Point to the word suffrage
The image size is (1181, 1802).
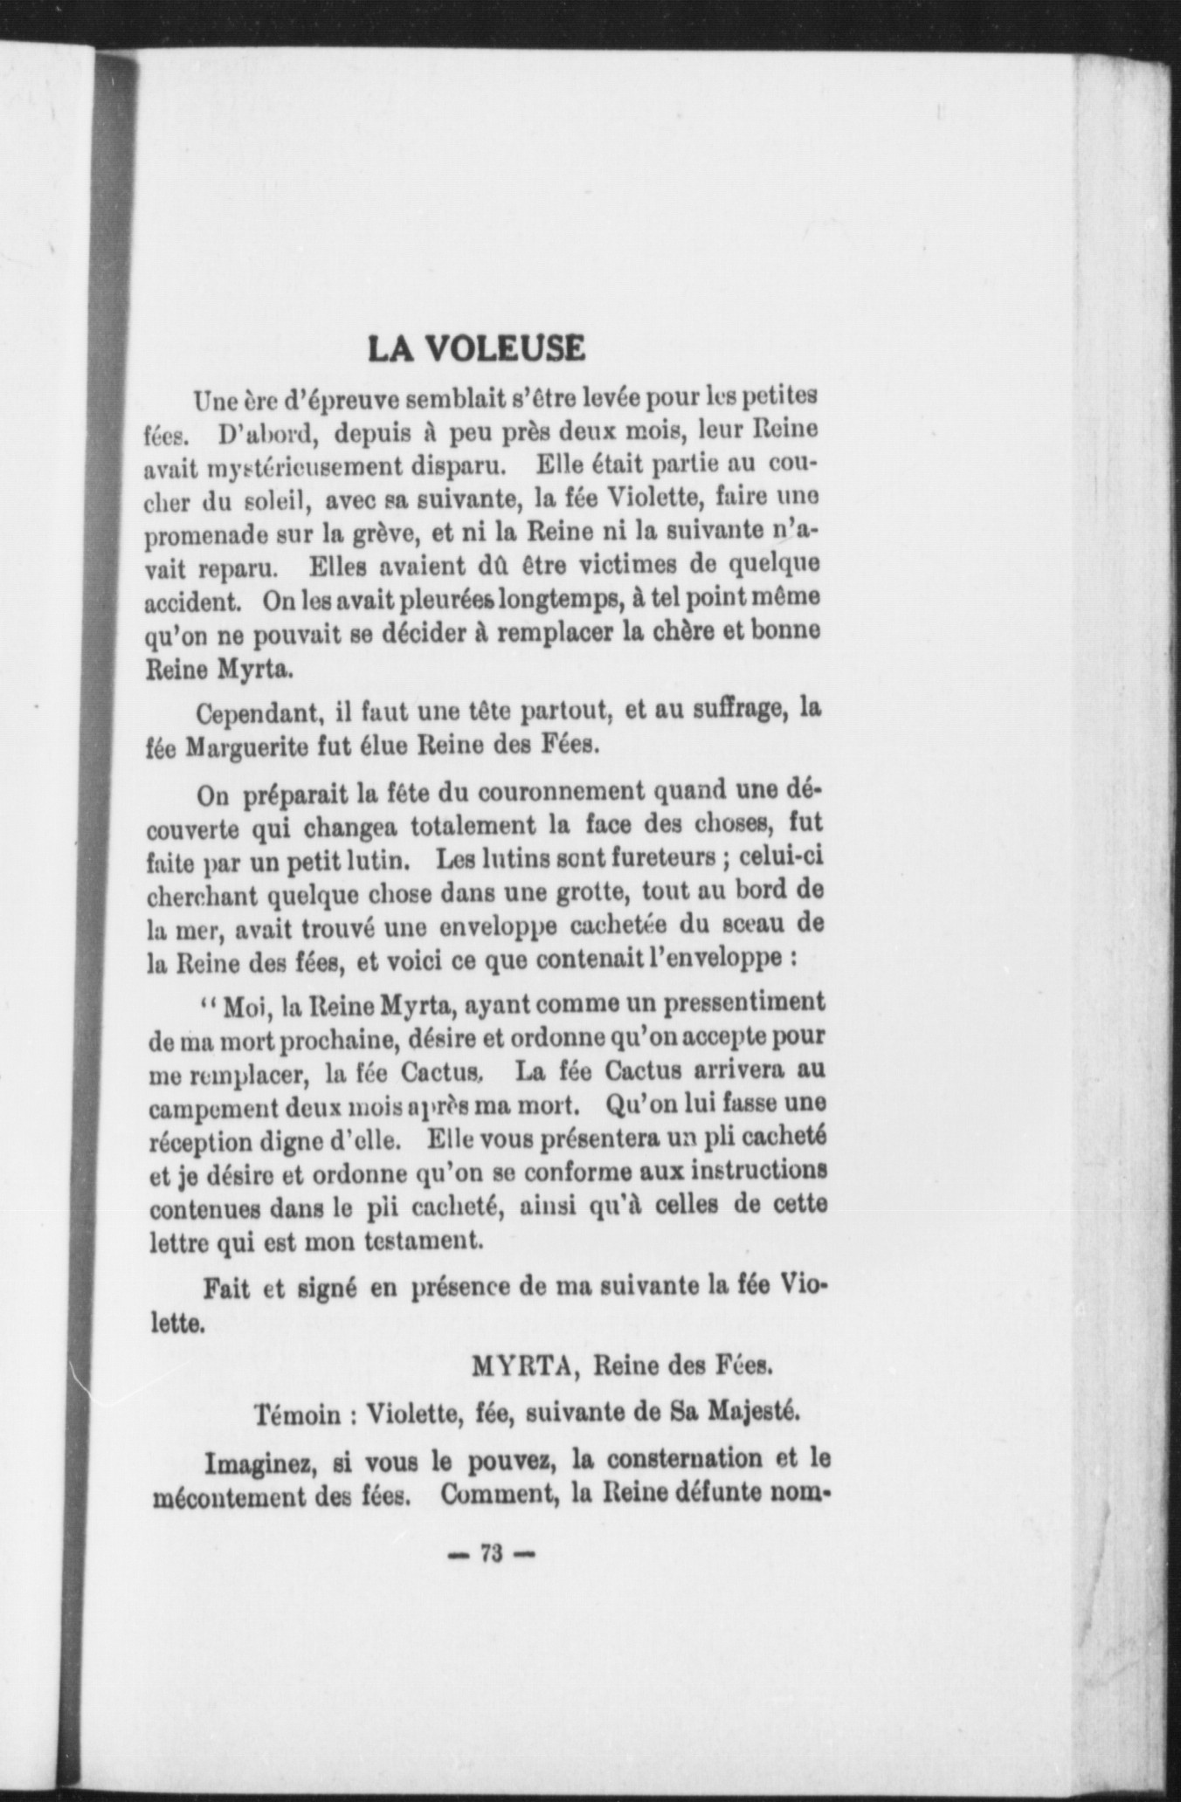pyautogui.click(x=730, y=710)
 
